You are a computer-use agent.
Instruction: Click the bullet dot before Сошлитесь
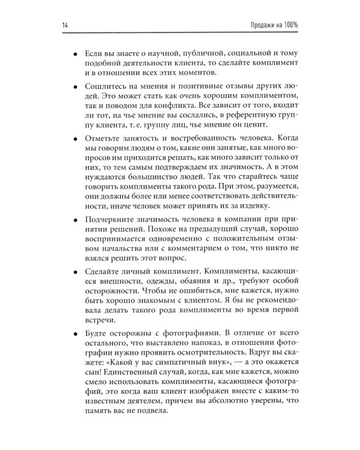[74, 87]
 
